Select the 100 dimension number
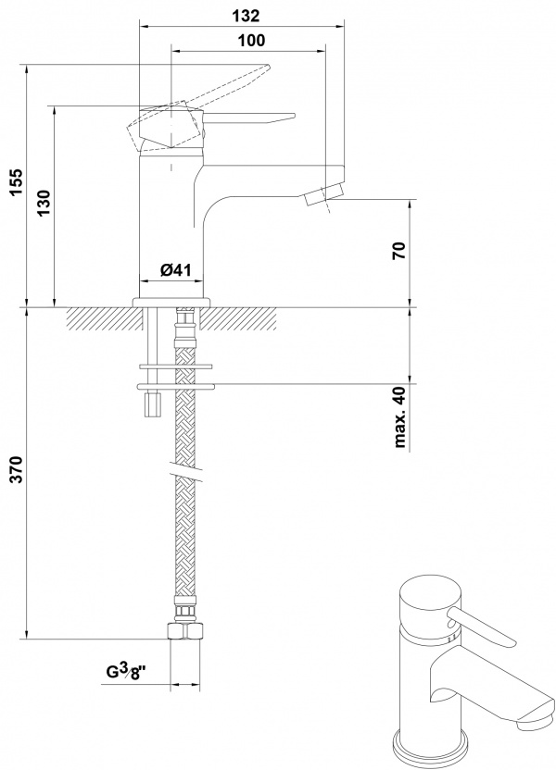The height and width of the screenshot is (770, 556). (x=251, y=41)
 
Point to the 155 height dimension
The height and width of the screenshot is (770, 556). (x=17, y=182)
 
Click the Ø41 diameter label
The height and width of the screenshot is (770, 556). (x=175, y=269)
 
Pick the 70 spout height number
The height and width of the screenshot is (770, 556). (x=399, y=251)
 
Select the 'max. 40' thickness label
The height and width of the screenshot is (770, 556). (x=400, y=416)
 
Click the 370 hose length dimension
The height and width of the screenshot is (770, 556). (x=17, y=469)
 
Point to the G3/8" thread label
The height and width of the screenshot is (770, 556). (x=127, y=670)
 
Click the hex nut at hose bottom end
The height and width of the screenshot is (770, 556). (x=185, y=631)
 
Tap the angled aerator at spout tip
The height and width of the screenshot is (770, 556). (x=323, y=194)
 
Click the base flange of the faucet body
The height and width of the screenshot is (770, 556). (x=171, y=302)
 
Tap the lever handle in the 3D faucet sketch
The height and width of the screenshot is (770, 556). (x=481, y=626)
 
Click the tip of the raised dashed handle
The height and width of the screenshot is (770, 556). (x=269, y=66)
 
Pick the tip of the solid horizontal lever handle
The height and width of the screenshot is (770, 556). (x=294, y=117)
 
